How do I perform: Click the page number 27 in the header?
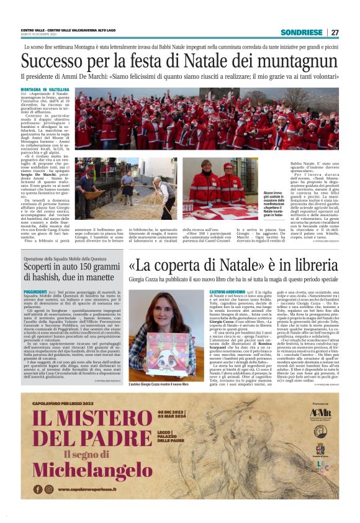[x=335, y=32]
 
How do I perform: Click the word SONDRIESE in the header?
[x=302, y=32]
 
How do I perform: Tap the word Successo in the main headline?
[x=56, y=61]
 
